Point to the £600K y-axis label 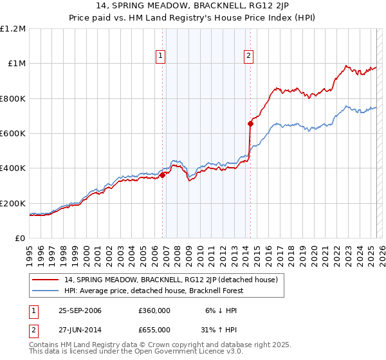[14, 134]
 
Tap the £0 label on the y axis [21, 239]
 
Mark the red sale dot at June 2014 [250, 124]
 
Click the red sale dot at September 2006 [163, 175]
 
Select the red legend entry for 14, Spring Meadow [170, 280]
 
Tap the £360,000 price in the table [154, 310]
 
